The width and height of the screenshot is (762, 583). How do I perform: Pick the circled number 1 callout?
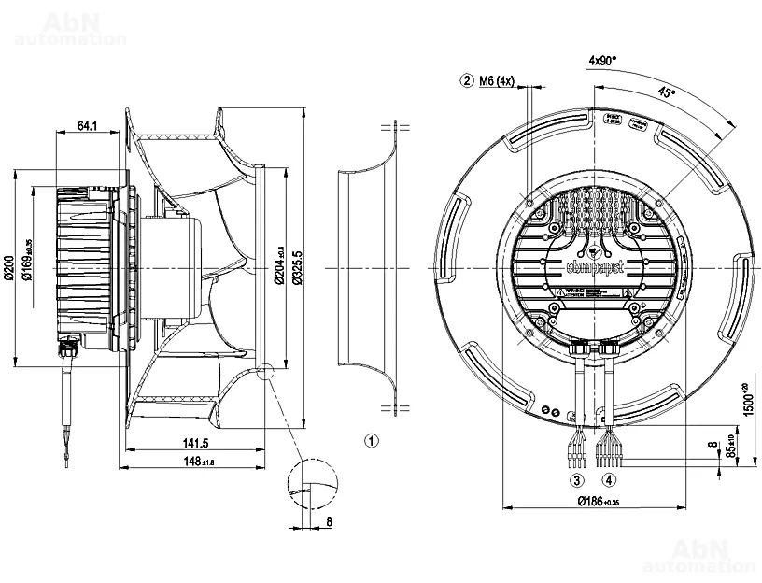coord(371,439)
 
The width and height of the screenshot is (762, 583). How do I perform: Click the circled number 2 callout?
coord(467,81)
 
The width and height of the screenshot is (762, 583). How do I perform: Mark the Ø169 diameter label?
coord(31,249)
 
